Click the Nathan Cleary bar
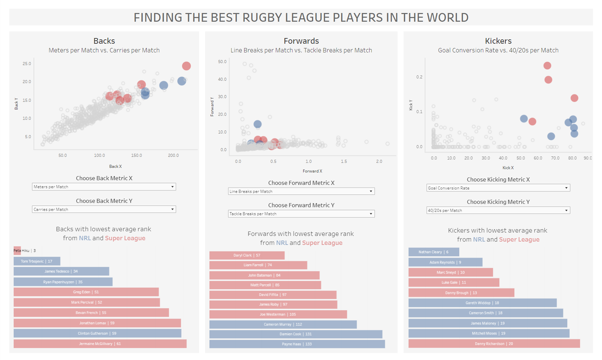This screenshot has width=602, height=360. (x=434, y=252)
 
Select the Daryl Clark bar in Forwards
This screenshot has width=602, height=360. (x=247, y=255)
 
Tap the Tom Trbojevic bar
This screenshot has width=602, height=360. (x=37, y=261)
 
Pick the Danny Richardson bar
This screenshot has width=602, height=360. (x=494, y=344)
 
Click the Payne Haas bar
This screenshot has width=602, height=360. (x=297, y=344)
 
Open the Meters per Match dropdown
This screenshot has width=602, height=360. (x=104, y=187)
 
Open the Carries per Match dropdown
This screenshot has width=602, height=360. (x=104, y=210)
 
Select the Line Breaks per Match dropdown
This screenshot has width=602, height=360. (x=301, y=192)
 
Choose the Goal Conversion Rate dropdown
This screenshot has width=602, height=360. (x=498, y=188)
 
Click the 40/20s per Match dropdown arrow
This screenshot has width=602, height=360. (x=566, y=211)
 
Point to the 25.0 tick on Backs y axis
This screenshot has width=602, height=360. (x=27, y=64)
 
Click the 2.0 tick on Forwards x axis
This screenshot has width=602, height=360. (x=379, y=161)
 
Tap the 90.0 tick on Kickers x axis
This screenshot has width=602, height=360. (x=588, y=158)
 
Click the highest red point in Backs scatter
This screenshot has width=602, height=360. (x=186, y=66)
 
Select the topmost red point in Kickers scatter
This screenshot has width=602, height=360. (x=547, y=66)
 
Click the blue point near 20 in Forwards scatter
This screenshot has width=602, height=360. (x=257, y=124)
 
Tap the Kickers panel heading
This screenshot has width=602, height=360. (x=498, y=41)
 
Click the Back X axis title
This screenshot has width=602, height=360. (x=115, y=166)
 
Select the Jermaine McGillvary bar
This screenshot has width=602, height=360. (x=100, y=344)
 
